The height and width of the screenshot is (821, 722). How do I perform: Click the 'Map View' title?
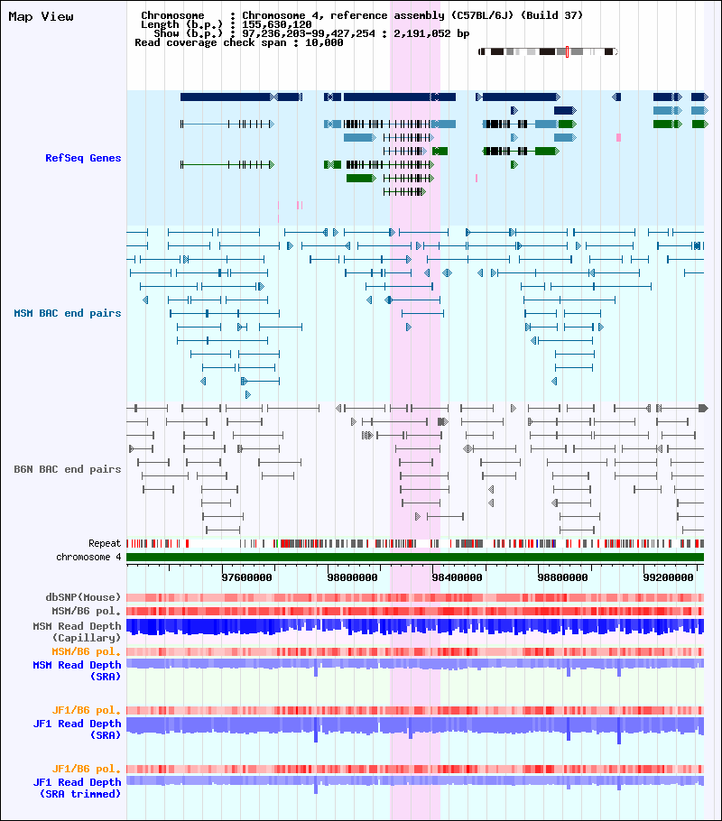click(x=41, y=17)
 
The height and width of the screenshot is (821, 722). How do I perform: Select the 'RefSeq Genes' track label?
click(x=83, y=158)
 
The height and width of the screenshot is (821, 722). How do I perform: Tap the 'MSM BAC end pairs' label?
click(x=67, y=313)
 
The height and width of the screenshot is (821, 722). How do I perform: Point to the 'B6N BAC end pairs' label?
click(x=67, y=469)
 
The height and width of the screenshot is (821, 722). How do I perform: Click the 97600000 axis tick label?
click(x=246, y=577)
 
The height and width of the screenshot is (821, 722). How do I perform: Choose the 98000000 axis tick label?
click(x=352, y=577)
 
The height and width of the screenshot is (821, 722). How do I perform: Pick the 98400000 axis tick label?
click(x=457, y=577)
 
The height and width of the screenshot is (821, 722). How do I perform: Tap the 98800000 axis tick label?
click(x=562, y=577)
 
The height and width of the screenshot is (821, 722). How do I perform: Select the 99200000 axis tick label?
click(x=668, y=577)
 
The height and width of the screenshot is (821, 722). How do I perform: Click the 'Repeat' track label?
click(x=105, y=543)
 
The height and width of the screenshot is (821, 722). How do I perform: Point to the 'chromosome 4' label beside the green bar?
click(x=88, y=558)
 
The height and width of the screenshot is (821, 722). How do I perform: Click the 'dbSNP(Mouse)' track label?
click(x=83, y=597)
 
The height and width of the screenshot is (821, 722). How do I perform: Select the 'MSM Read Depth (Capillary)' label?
click(x=77, y=632)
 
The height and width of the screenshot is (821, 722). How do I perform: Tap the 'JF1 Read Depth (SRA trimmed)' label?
click(x=77, y=788)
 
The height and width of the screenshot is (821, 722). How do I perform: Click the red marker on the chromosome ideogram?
click(x=567, y=51)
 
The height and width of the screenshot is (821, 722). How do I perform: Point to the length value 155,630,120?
click(x=277, y=24)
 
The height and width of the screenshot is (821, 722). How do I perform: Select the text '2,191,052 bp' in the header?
click(x=431, y=33)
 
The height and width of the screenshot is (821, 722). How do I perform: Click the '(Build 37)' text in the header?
click(x=551, y=15)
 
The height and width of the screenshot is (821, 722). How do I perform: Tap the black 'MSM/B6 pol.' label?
click(x=86, y=611)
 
